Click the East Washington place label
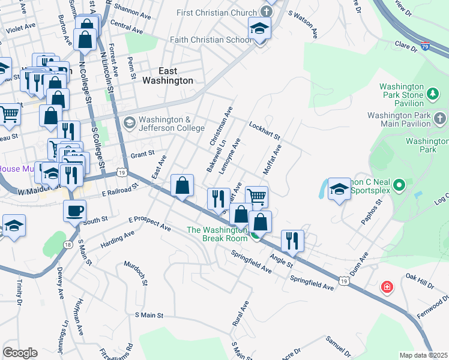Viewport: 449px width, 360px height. pyautogui.click(x=167, y=75)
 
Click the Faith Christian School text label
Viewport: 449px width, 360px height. pyautogui.click(x=211, y=40)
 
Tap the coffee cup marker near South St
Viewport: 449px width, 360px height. pyautogui.click(x=75, y=211)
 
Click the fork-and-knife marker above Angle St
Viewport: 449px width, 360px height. pyautogui.click(x=292, y=241)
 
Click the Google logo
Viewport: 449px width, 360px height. pyautogui.click(x=20, y=352)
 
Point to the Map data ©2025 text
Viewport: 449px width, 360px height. pyautogui.click(x=423, y=355)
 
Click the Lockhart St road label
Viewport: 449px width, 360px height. pyautogui.click(x=265, y=130)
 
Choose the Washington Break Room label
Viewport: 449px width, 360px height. pyautogui.click(x=217, y=234)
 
